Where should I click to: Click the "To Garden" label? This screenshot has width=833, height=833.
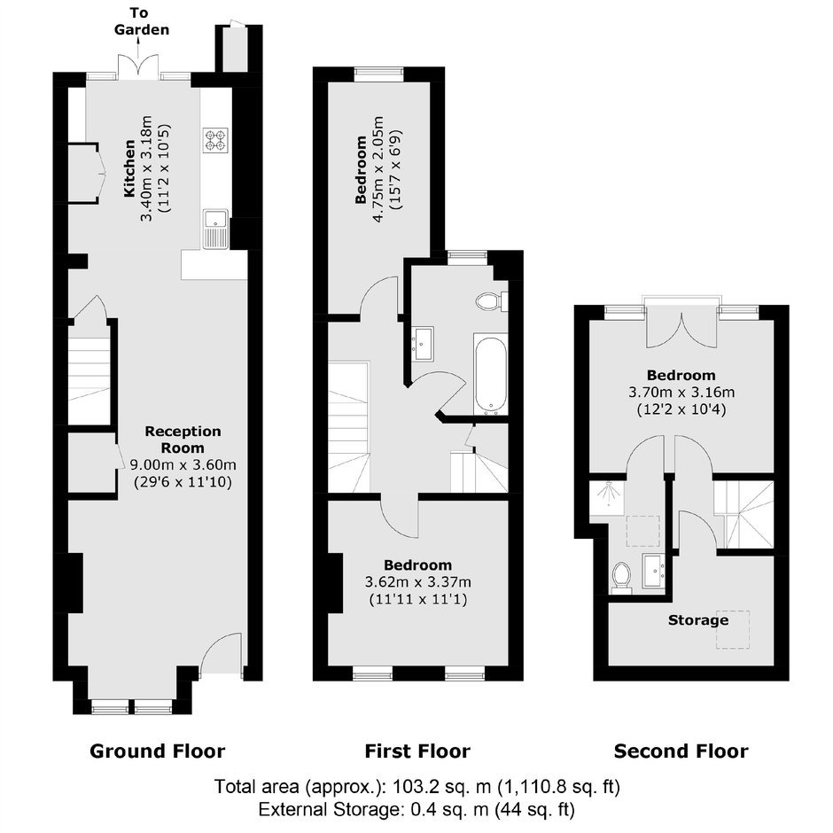point(141,21)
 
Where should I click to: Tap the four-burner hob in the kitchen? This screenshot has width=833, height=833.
point(216,140)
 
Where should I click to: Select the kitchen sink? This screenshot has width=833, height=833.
point(215,229)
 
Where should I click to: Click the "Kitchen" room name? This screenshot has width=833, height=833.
point(129,168)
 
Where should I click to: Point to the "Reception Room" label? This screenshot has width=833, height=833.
point(183,440)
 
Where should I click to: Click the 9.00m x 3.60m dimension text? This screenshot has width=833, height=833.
point(183,465)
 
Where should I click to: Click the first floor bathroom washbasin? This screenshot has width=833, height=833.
point(423,344)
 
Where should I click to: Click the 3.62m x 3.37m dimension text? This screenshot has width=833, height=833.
point(418,582)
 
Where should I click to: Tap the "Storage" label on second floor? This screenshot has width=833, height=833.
point(698,620)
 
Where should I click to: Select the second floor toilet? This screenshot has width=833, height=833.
point(621,578)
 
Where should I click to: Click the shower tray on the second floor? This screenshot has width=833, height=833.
point(607,497)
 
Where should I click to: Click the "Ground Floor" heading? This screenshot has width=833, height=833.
point(157,751)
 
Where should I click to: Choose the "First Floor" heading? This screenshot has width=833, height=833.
point(417,751)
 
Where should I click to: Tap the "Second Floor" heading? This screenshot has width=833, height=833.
point(681,751)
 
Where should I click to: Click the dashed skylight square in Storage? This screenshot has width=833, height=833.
point(733,629)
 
